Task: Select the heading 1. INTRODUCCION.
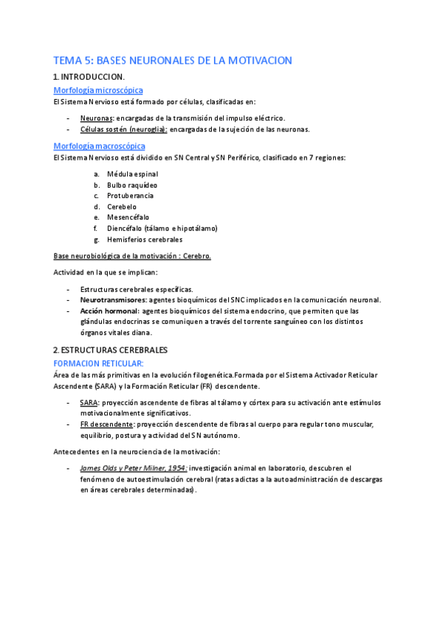[89, 77]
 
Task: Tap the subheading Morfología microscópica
[98, 90]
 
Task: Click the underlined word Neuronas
[96, 118]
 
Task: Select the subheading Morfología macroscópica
[99, 146]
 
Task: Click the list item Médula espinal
[132, 174]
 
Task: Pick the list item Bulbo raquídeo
[132, 185]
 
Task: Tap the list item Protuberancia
[131, 196]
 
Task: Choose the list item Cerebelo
[123, 207]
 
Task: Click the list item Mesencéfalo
[128, 217]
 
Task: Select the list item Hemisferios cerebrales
[145, 240]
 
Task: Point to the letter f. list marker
[96, 228]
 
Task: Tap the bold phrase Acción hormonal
[109, 311]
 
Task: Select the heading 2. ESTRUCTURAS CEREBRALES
[110, 349]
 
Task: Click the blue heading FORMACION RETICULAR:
[98, 363]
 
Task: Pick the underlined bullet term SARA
[87, 402]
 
